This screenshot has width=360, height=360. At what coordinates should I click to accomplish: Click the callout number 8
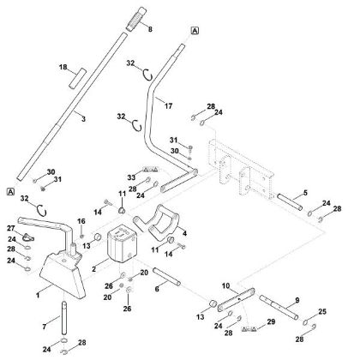[x=152, y=30]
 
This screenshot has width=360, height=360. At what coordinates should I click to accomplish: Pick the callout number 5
[x=304, y=194]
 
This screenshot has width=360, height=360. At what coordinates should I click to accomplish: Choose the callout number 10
[x=225, y=285]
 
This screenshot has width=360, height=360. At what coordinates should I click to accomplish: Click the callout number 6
[x=156, y=290]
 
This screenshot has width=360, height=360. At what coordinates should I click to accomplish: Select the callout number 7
[x=46, y=327]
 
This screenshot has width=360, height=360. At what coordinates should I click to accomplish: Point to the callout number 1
[x=38, y=294]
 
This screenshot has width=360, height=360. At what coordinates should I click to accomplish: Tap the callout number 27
[x=11, y=228]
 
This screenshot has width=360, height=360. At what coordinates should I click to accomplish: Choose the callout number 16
[x=83, y=221]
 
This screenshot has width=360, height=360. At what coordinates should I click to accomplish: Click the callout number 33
[x=132, y=179]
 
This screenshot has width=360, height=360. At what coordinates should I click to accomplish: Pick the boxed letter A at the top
[x=195, y=30]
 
